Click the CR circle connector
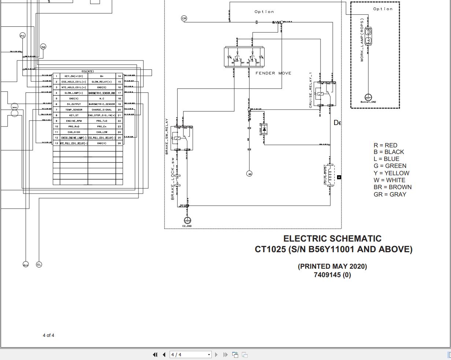click(184, 18)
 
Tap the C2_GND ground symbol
click(187, 220)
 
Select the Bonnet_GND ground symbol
click(368, 97)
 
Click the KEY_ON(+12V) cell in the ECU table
click(74, 76)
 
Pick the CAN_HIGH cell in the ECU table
click(74, 132)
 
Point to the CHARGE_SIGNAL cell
click(102, 110)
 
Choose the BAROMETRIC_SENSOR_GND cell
click(102, 93)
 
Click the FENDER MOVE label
click(273, 73)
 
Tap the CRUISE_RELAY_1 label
click(311, 90)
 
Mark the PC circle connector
click(23, 36)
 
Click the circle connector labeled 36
click(43, 47)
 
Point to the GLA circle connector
click(26, 265)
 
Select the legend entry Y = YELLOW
click(391, 173)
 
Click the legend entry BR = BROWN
click(392, 187)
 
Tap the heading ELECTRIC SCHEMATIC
click(332, 239)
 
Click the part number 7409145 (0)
click(332, 275)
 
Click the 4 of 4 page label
click(48, 335)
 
